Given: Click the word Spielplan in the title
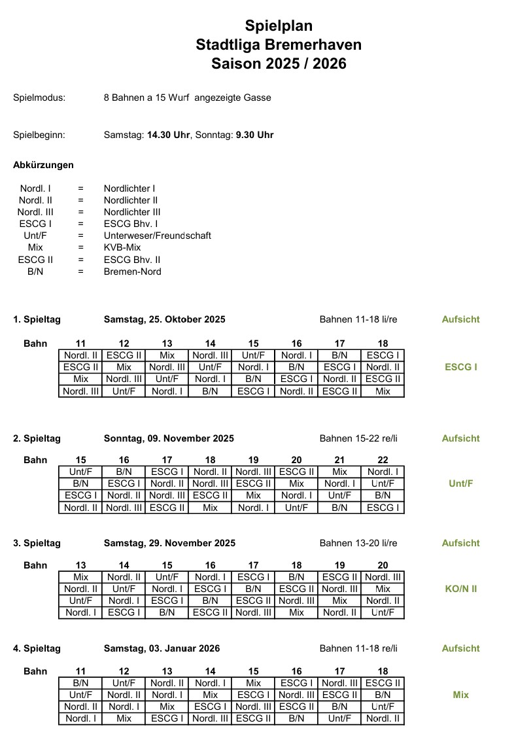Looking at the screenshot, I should click(279, 26).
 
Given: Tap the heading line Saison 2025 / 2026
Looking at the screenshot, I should click(279, 63).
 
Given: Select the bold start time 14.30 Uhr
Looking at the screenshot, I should click(169, 135).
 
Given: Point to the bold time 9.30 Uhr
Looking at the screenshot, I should click(254, 135).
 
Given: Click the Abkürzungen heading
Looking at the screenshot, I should click(43, 165).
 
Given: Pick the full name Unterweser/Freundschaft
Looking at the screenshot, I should click(157, 236).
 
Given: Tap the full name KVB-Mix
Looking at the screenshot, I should click(122, 247).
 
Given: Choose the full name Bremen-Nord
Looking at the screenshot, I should click(132, 271).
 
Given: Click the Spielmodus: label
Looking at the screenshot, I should click(39, 97).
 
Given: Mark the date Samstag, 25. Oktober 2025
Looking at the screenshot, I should click(164, 319).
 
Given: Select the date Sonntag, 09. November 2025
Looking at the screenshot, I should click(168, 438).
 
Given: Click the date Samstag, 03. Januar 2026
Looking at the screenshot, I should click(162, 648).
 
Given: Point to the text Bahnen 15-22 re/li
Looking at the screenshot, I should click(358, 438).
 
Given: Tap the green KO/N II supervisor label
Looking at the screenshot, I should click(460, 589).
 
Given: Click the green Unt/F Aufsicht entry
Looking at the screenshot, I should click(460, 483).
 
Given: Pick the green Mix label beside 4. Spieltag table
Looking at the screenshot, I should click(460, 695).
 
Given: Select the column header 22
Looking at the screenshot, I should click(383, 460).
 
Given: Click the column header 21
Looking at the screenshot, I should click(339, 460).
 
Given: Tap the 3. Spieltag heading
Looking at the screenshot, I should click(37, 543).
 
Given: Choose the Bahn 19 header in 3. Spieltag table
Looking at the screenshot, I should click(339, 565).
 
